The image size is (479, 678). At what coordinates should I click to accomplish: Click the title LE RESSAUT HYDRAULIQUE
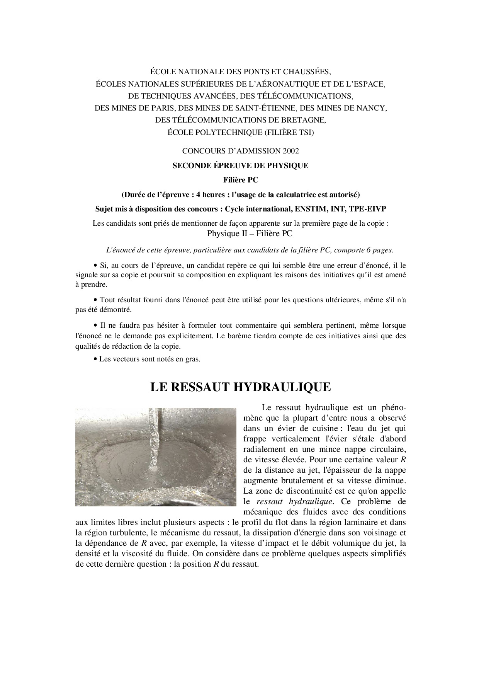240,387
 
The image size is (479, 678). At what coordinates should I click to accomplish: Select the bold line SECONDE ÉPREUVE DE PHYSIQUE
240,165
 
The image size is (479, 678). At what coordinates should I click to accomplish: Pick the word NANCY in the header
373,108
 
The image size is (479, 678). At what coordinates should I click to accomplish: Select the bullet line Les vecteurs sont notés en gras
150,359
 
